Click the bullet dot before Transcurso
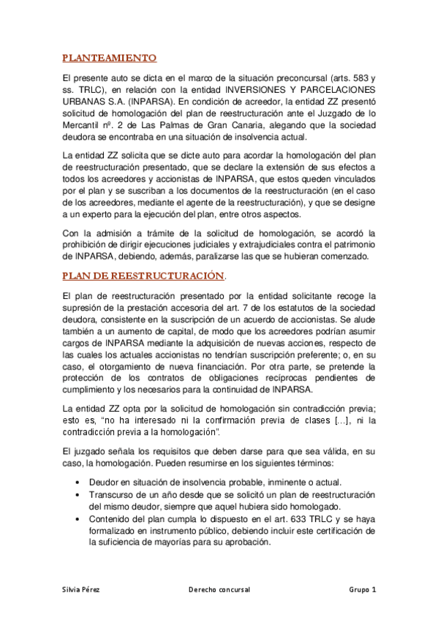[78, 494]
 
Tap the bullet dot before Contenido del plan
[78, 519]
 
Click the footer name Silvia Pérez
[82, 589]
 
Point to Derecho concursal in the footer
[219, 589]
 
